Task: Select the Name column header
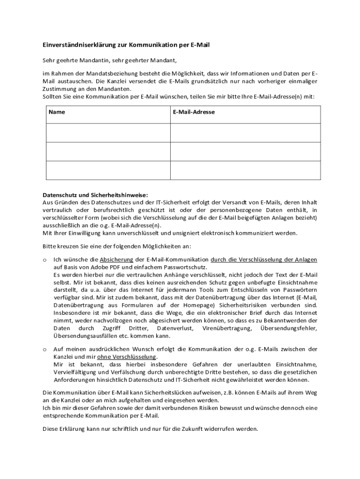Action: click(x=57, y=112)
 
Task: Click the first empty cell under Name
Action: click(x=108, y=132)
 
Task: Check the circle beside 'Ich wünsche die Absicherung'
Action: click(x=44, y=260)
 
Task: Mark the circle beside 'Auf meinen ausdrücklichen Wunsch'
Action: click(x=44, y=349)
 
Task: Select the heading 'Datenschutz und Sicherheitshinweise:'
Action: click(x=95, y=195)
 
